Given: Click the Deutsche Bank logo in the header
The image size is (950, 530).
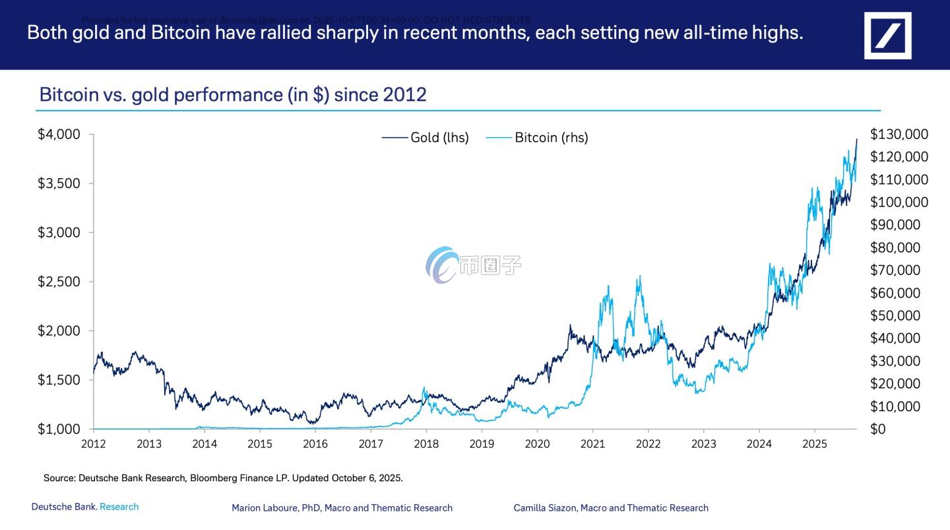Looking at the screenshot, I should pos(887,35).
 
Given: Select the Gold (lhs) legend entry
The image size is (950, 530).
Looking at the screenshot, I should pos(425,137).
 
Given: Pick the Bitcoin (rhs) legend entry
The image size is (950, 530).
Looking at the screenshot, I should pos(537,137).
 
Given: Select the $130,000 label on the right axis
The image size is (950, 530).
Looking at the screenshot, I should pos(899,134).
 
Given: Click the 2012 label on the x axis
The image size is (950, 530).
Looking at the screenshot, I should pos(94,444).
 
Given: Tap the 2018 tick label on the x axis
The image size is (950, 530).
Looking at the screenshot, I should pos(426,444).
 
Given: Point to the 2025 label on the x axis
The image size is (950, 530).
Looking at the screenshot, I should pos(815,444).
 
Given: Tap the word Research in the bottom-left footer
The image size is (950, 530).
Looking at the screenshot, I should pos(119,507).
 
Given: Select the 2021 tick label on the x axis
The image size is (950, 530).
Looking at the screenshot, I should pos(592,444).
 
